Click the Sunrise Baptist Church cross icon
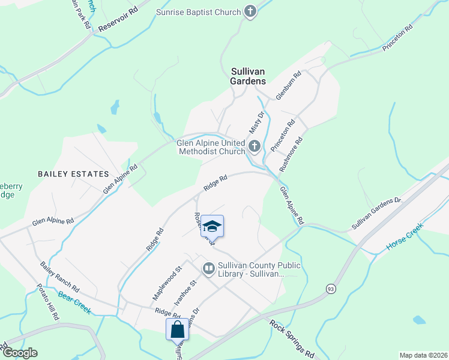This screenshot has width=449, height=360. point(250,11)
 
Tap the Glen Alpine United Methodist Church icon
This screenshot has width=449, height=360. point(254,146)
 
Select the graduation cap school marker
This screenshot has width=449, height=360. point(212,226)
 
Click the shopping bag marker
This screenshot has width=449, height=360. point(178,329)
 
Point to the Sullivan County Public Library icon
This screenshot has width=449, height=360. point(209,268)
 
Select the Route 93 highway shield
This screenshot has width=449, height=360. point(331,289)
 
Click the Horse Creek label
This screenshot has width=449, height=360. point(405,237)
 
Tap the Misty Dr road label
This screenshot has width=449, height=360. point(256,123)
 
